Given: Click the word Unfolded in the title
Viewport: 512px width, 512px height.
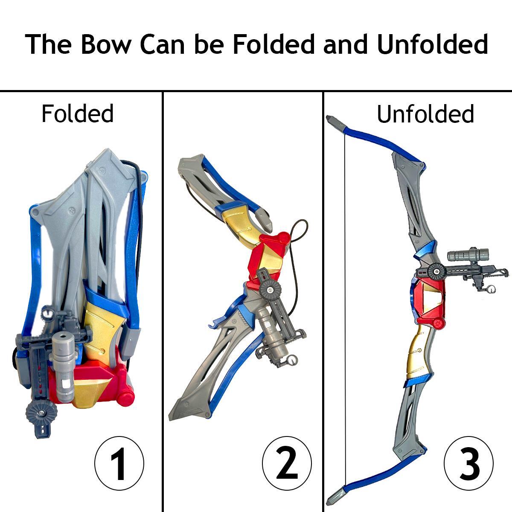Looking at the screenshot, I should (x=432, y=44).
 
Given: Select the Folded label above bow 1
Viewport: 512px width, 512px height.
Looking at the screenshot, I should (x=78, y=113).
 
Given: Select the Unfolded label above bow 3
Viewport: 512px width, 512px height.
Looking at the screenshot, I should (x=425, y=114).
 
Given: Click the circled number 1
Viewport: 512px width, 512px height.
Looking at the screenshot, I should (x=119, y=463).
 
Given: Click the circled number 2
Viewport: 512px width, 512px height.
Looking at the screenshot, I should (x=287, y=463).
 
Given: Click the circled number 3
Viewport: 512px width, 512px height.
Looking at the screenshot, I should (x=468, y=463).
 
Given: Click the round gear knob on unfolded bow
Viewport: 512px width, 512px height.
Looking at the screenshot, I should (x=436, y=270).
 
